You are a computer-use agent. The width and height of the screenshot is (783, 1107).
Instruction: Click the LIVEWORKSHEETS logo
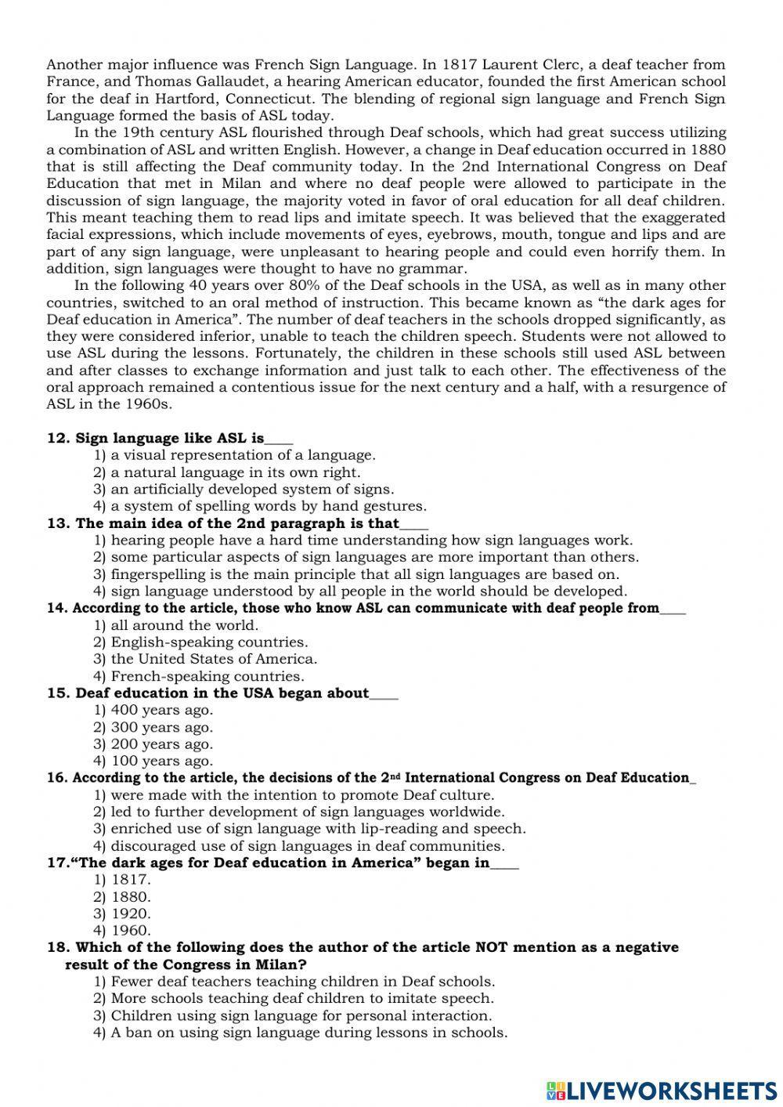point(661,1090)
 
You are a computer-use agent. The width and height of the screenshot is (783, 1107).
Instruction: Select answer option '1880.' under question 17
point(130,896)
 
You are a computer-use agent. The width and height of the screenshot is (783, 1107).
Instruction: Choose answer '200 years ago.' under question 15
point(161,744)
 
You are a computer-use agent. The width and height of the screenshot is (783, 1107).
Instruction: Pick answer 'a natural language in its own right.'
point(235,472)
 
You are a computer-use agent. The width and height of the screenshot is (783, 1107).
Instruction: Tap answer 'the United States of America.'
point(214,659)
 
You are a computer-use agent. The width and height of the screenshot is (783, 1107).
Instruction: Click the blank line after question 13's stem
point(414,524)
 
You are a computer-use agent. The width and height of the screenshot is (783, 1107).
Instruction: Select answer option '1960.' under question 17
point(130,930)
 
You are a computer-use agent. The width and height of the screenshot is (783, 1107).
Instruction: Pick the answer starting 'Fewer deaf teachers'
point(302,981)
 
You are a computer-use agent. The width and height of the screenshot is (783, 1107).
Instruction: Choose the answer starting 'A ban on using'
point(309,1032)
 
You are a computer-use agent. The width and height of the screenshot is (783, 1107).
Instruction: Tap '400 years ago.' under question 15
point(161,710)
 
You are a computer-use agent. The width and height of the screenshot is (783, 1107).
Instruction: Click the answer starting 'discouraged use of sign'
point(307,846)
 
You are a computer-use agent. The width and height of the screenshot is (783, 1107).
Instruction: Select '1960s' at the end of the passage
point(149,404)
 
